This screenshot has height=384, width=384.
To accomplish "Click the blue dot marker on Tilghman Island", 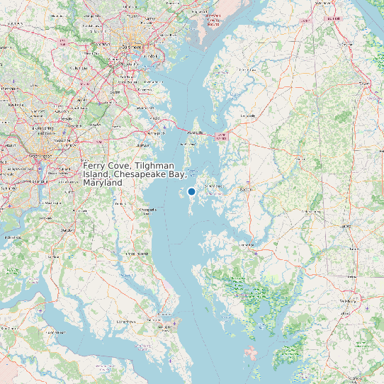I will pos(191,191).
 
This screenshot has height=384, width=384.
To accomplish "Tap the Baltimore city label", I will pos(133,47).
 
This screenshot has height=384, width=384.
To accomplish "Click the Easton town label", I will pos(247,190).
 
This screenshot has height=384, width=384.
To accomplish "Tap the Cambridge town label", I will pos(248,245).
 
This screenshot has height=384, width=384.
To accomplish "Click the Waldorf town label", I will pos(68,230).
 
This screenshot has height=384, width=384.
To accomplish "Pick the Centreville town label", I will pos(249,115).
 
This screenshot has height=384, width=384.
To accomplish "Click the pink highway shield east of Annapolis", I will pos(222,137).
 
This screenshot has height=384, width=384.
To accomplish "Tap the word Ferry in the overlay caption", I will pos(94,165).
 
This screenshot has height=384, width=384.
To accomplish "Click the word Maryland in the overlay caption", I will pos(102,182).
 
